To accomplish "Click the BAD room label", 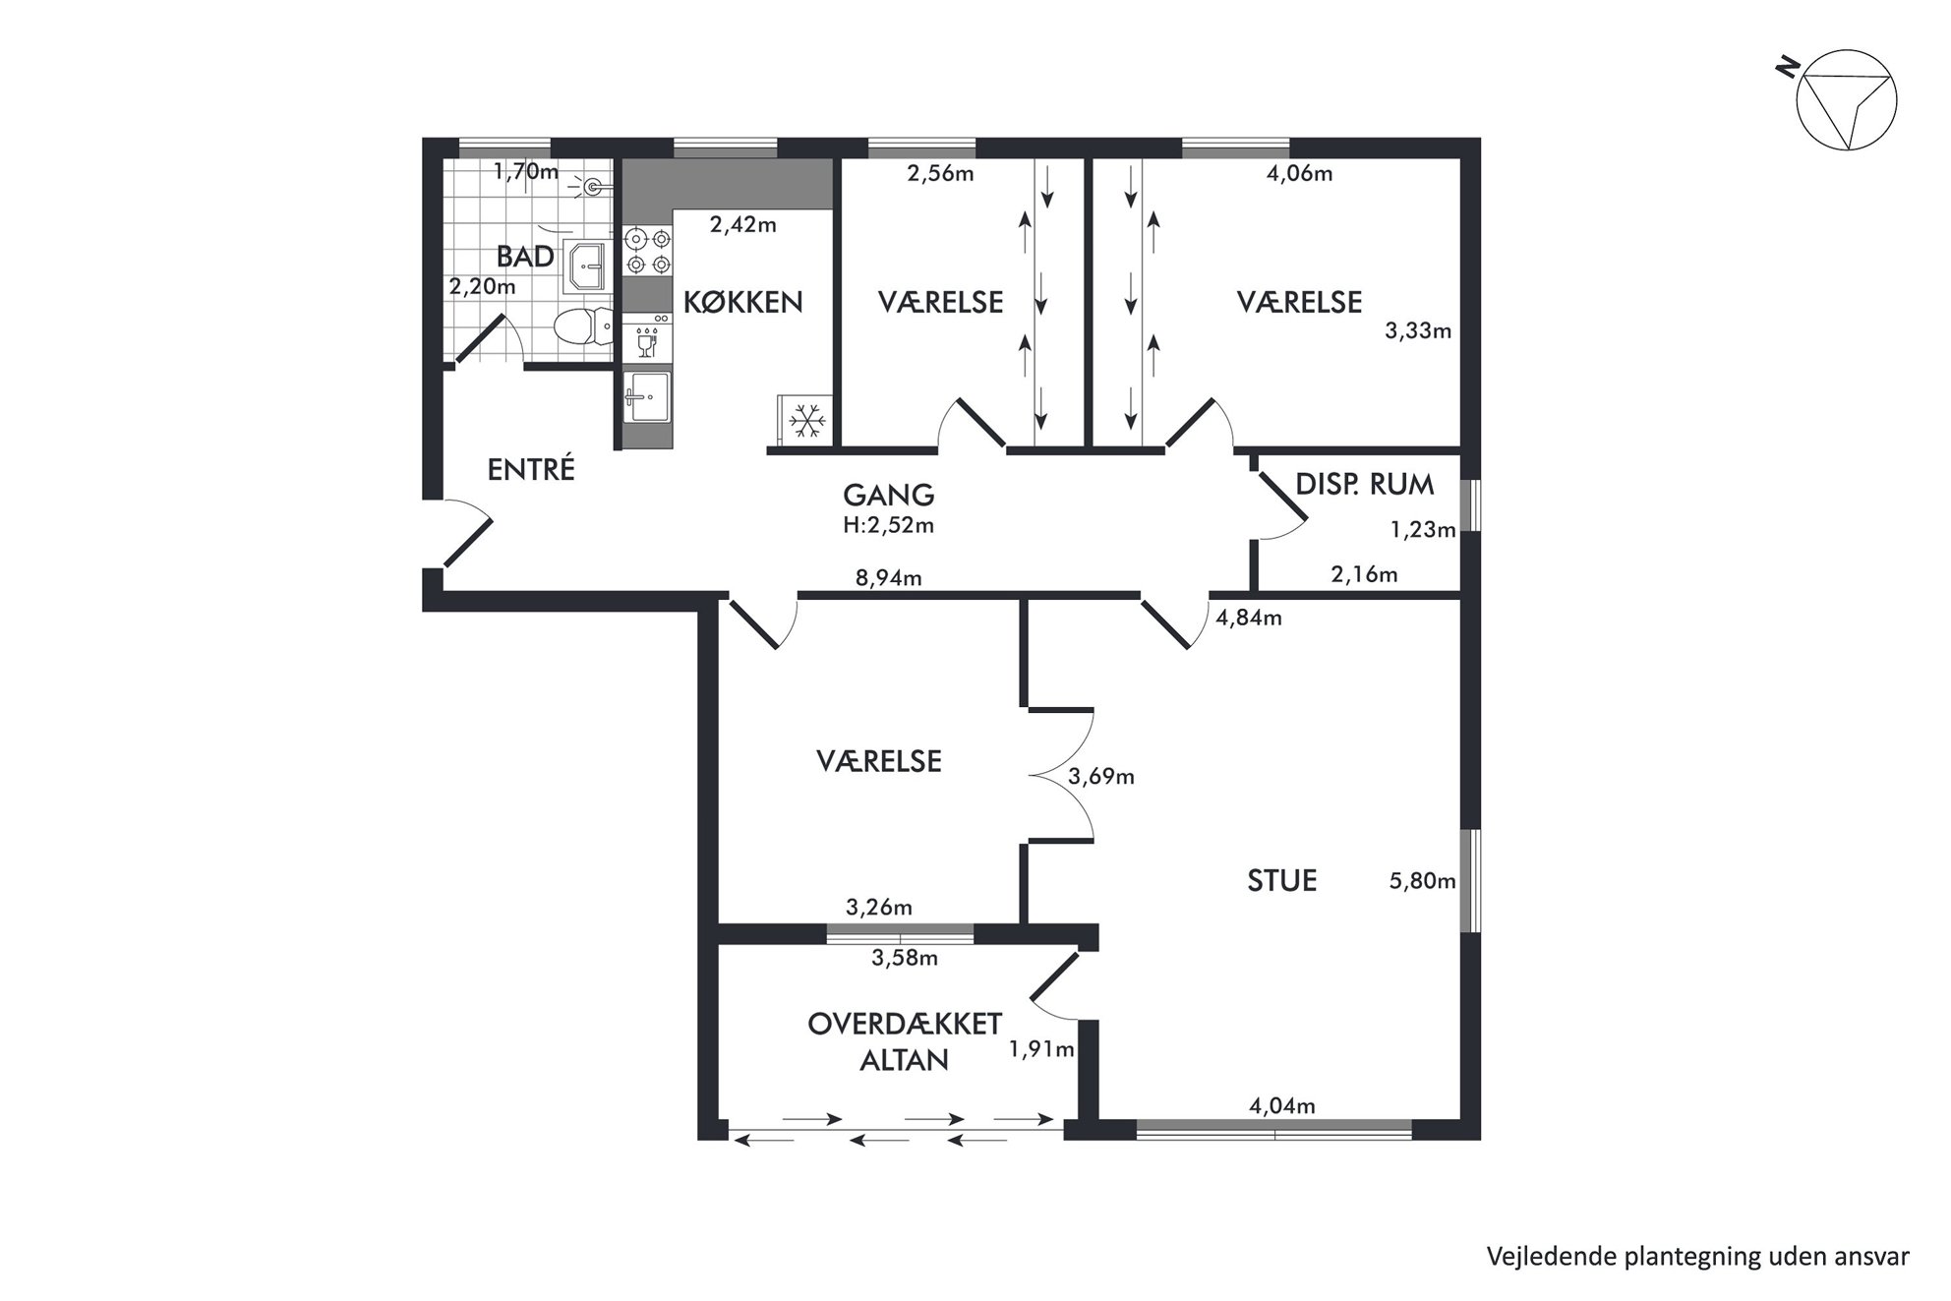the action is coord(525,257).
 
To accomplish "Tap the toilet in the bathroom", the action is coord(583,325).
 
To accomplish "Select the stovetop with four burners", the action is coord(648,250).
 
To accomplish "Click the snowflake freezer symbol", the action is coord(806,422).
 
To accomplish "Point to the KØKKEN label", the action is coord(743,302).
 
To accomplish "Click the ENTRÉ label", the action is coord(531,469).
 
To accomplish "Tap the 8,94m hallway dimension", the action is coord(889,577).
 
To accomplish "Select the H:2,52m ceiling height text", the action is coord(889,525).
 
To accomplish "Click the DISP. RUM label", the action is coord(1365,484).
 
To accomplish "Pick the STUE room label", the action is coord(1282,880).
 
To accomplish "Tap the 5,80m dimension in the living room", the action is coord(1422,881).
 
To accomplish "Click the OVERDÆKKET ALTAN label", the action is coord(905,1041).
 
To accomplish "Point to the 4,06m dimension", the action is coord(1300,174).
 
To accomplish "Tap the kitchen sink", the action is coord(646,396).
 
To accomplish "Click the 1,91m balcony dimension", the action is coord(1041,1049).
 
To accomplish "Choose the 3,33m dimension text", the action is coord(1418,331).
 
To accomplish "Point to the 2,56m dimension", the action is coord(941,174).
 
